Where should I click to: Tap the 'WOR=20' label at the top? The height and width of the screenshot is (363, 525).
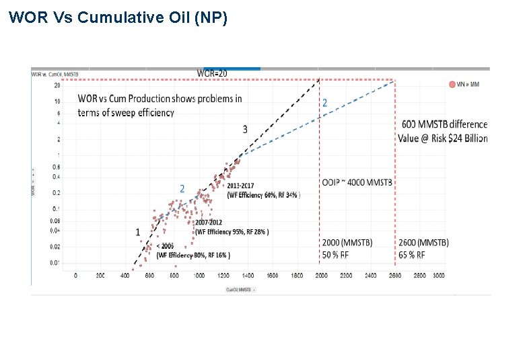coord(212,73)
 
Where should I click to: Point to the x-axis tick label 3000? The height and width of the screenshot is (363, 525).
coord(439,276)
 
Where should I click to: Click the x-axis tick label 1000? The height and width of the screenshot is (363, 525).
coord(199,276)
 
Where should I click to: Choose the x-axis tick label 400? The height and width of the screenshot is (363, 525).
coord(125,276)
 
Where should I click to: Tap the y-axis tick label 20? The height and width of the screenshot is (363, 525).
coord(57,85)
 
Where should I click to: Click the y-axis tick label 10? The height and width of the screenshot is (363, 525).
coord(58,101)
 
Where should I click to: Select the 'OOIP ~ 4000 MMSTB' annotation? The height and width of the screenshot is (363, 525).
coord(357,183)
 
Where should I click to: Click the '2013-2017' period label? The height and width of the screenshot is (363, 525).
coord(240,186)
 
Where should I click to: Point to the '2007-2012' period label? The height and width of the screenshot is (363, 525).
coord(209,223)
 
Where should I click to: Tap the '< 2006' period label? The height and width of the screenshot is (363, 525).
coord(167,246)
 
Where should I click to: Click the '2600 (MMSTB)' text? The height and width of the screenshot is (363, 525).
coord(423,242)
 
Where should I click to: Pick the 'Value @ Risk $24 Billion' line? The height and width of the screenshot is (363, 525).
coord(442,138)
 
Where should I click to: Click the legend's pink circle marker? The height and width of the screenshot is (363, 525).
coord(452,84)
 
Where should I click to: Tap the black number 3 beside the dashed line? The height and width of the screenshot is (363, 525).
coord(245,129)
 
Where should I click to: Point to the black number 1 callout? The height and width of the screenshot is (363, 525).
coord(138,232)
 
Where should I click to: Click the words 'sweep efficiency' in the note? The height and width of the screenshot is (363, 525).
coord(143,113)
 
